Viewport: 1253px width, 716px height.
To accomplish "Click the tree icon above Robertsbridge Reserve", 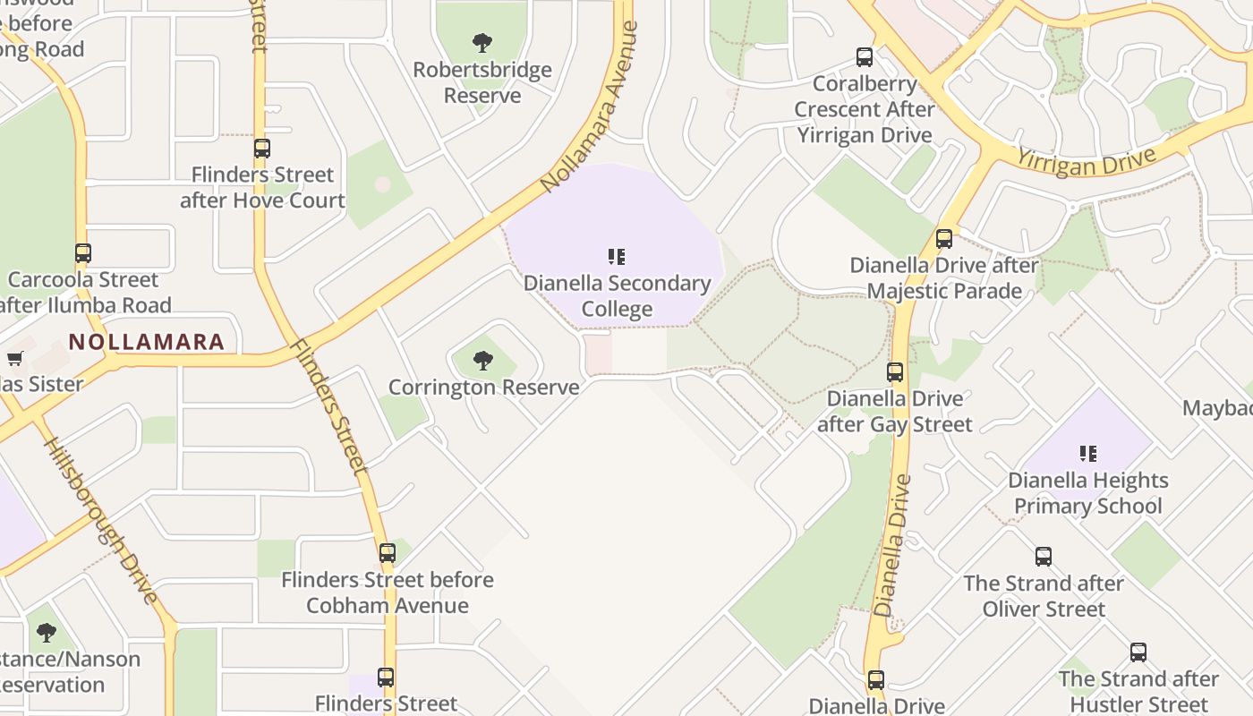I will point(482,42).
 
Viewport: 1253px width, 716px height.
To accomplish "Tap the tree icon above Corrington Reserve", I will point(483,361).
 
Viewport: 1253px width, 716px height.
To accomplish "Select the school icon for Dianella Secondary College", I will point(617,258).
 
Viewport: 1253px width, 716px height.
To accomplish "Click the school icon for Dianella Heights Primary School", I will point(1088,454).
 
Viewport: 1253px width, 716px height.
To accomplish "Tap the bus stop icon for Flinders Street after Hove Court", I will point(262,149).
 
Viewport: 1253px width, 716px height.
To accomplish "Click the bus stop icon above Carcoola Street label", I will point(83,253).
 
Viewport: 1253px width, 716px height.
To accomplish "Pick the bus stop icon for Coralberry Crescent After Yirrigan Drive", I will point(865,57).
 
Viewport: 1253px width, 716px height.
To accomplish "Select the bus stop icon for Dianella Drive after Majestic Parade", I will point(944,239).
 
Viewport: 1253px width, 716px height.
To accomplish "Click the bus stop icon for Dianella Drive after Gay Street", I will point(895,372).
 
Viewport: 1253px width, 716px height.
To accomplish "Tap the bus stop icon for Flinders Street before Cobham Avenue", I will point(388,553).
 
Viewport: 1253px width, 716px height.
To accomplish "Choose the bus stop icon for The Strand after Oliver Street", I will point(1044,557).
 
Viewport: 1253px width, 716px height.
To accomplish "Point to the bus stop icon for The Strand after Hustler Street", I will point(1138,652).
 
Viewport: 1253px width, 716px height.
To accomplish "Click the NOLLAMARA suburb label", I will point(147,342).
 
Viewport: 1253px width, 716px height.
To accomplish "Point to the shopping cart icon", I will point(15,359).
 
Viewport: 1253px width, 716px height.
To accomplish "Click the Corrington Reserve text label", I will point(483,388).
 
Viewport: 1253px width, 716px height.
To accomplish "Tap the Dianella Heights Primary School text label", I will point(1088,493).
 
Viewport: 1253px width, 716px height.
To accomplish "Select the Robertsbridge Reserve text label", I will point(482,82).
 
